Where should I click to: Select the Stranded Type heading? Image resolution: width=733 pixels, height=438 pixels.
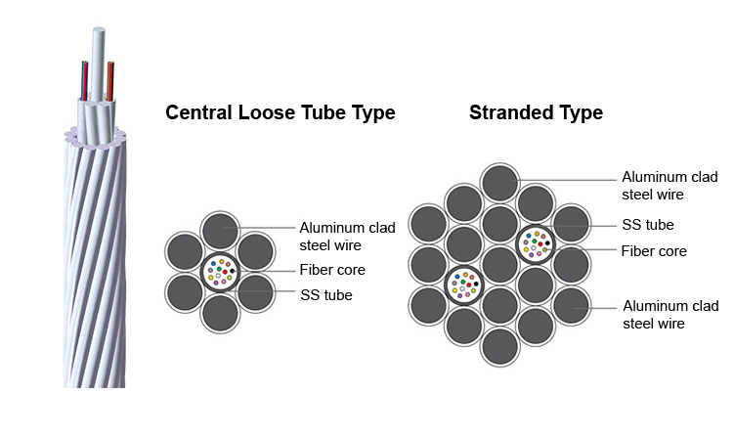tap(537, 113)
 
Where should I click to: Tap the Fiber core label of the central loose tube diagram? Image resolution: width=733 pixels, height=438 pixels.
tap(332, 270)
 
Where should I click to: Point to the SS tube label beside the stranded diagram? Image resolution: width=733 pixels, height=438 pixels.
tap(648, 225)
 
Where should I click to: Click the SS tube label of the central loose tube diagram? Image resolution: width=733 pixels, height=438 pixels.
tap(326, 295)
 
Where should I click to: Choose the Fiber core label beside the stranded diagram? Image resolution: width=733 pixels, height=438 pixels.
tap(654, 251)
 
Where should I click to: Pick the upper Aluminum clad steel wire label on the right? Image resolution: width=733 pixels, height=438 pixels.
tap(669, 186)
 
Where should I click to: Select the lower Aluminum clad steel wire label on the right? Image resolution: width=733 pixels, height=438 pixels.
tap(670, 315)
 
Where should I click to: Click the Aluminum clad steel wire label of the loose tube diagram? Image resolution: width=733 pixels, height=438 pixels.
tap(347, 237)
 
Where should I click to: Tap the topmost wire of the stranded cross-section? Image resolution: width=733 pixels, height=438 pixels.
tap(499, 183)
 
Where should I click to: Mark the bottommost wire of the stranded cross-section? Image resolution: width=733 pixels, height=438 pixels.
tap(499, 347)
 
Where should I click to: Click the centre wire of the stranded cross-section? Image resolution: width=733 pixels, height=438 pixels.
tap(499, 265)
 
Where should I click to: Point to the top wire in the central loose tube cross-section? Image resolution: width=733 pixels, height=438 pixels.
tap(220, 231)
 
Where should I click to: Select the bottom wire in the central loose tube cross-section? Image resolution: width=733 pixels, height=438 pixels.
tap(220, 313)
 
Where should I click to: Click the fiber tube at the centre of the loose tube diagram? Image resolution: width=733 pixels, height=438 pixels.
tap(220, 272)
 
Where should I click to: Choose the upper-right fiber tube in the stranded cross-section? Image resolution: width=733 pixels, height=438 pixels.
tap(536, 244)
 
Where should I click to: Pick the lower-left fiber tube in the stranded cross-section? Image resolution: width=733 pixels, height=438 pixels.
tap(464, 285)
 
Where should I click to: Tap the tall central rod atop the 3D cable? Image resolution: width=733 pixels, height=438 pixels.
tap(98, 65)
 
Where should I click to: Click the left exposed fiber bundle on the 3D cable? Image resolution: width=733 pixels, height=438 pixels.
tap(85, 81)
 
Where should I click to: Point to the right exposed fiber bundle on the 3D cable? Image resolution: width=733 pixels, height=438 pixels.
tap(110, 81)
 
